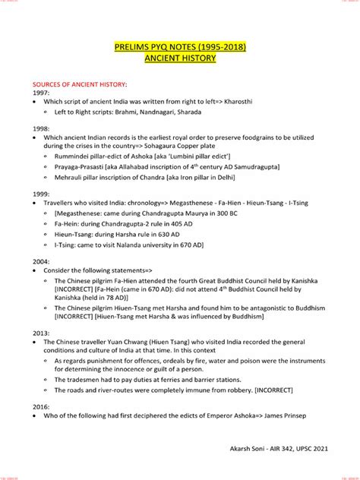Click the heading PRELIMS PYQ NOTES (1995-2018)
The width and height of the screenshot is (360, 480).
pos(180,48)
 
